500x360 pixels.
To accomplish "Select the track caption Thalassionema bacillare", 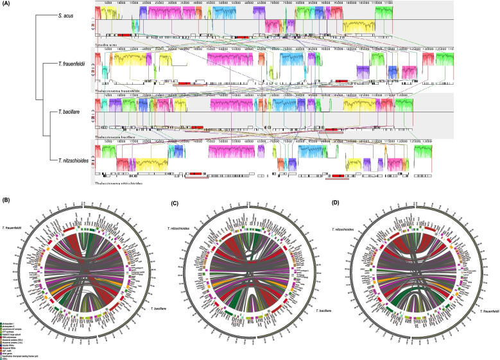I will pyautogui.click(x=116, y=137).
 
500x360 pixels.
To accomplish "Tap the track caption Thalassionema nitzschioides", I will pyautogui.click(x=119, y=184).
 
